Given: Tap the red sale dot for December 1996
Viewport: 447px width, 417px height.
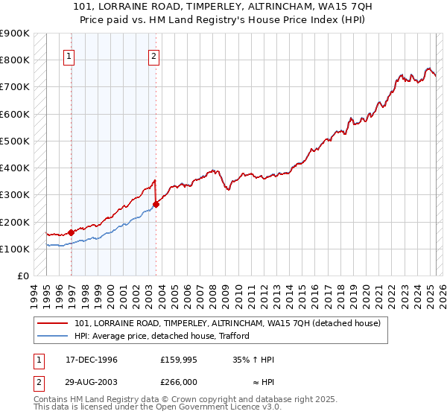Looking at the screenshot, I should tap(72, 232).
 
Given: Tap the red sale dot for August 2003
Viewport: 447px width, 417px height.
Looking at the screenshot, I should tap(156, 204).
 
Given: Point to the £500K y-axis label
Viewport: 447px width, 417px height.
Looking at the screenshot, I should tap(15, 141).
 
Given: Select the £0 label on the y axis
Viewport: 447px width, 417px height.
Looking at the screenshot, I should tap(22, 276).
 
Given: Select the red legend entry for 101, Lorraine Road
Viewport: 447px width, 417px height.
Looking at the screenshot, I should tap(227, 323).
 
